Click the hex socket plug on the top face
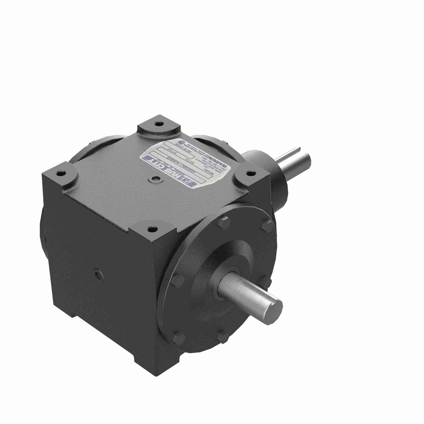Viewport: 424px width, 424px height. (x=156, y=179)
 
